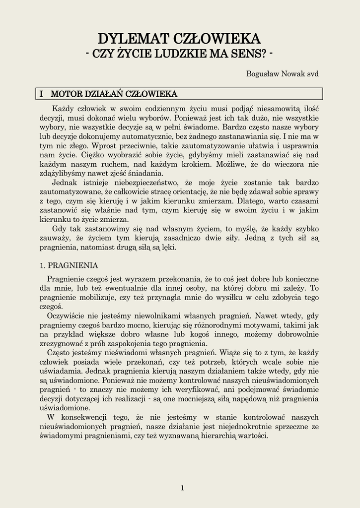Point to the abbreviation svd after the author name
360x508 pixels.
[x=312, y=73]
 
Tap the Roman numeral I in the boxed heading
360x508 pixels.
[x=42, y=94]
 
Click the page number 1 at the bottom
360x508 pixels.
[x=182, y=488]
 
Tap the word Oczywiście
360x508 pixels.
[x=67, y=316]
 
